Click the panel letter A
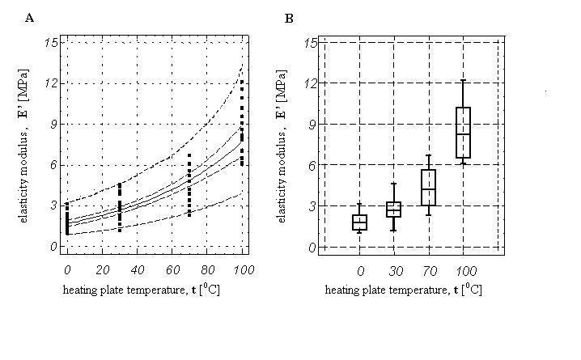coord(30,17)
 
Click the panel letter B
coord(289,17)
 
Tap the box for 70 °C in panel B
coord(428,188)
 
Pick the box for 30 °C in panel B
coord(393,210)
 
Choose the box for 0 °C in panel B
coord(359,222)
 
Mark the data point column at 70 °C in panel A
coord(189,185)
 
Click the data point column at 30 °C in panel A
coord(120,207)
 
